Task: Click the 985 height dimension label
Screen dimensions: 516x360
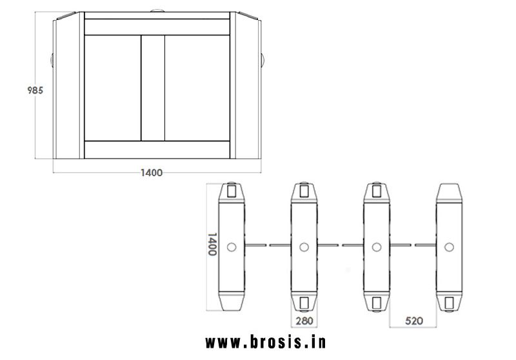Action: coord(35,90)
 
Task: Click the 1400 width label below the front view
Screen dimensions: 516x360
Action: coord(152,173)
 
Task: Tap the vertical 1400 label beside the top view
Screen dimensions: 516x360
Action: coord(212,244)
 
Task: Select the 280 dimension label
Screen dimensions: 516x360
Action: coord(304,321)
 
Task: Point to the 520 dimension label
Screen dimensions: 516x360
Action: coord(414,321)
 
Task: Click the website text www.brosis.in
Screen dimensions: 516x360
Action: coord(266,342)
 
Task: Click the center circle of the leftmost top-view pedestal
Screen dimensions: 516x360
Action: coord(232,247)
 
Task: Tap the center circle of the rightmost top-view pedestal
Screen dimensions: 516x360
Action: coord(449,247)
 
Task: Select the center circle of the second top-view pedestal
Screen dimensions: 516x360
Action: coord(304,247)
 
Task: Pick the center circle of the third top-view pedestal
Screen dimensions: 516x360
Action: coord(377,247)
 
